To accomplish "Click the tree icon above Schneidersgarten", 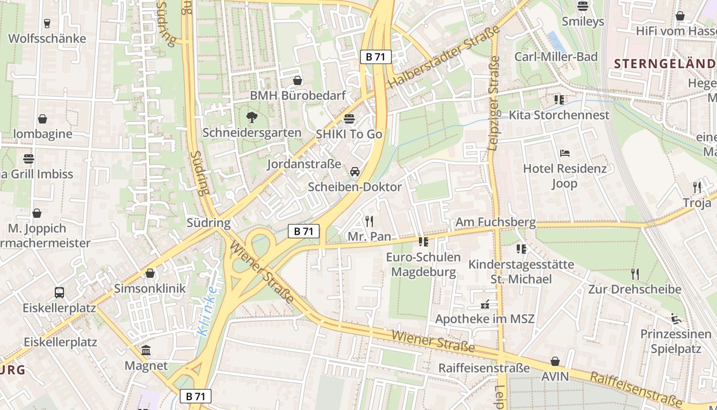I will point(251,117).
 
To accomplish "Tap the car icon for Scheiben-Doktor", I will point(355,172).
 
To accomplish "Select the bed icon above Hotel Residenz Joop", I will point(564,153).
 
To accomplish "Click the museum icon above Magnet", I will point(146,351).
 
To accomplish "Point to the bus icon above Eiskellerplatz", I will point(59,293).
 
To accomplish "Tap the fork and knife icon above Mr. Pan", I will point(369,221).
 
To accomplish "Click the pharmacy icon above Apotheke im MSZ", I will point(484,304).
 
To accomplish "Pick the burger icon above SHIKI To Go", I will point(349,119).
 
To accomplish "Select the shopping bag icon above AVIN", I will point(555,361).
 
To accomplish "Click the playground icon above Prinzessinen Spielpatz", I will point(676,319).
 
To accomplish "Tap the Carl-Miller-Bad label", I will point(556,56).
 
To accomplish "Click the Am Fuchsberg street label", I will point(495,222).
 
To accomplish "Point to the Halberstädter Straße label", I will point(444,57).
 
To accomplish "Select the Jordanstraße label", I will point(304,164).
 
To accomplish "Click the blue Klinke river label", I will point(207,311).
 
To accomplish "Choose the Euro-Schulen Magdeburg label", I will point(423,264).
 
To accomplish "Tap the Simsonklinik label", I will point(150,288).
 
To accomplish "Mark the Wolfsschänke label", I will point(47,38).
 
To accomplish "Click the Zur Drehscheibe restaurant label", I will point(635,289).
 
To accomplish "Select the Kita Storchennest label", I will point(559,115).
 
